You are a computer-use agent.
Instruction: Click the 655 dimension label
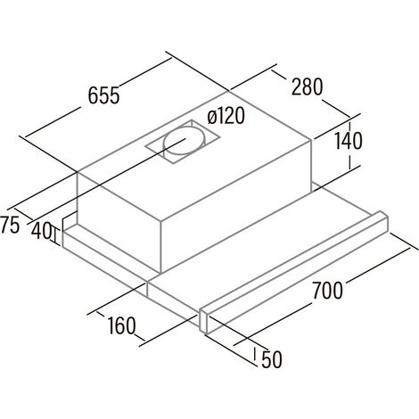click(104, 95)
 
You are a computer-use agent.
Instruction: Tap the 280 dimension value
click(307, 86)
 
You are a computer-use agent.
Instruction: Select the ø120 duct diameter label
click(226, 116)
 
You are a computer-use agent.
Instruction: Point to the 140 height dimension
click(349, 141)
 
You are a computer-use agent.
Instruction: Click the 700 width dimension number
click(327, 290)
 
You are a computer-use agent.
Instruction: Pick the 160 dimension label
click(121, 325)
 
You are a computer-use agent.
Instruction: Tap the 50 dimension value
click(272, 359)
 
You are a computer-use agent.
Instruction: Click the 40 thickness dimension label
click(41, 231)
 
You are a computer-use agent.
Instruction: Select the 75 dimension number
click(10, 225)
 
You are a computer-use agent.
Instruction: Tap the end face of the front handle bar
click(204, 321)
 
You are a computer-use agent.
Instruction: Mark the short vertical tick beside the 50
click(255, 354)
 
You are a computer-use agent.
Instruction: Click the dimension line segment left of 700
click(273, 325)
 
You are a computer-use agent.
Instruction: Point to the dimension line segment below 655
click(53, 122)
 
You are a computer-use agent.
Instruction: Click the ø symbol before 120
click(212, 118)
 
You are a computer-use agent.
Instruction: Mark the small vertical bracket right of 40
click(54, 234)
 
